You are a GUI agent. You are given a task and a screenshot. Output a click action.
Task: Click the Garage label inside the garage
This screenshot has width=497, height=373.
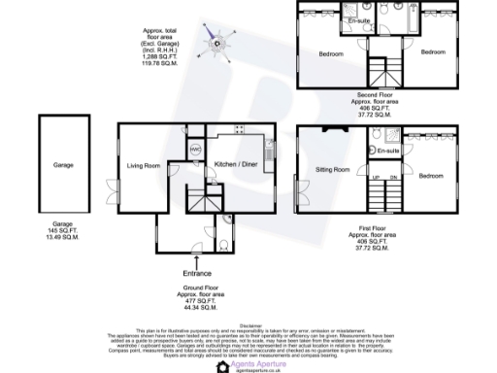[63, 165]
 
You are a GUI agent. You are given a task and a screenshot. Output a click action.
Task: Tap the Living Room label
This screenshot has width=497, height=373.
[143, 165]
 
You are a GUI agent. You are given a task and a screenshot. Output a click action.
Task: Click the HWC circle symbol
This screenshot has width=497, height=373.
[195, 149]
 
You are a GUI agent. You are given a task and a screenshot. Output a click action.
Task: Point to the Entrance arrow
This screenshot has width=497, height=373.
[197, 262]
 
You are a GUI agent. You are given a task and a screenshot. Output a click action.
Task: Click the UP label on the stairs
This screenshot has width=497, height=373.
[376, 178]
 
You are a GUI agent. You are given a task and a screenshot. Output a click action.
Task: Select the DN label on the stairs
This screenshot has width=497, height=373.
[393, 178]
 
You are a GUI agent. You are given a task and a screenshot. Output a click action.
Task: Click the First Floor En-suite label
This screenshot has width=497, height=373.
[389, 152]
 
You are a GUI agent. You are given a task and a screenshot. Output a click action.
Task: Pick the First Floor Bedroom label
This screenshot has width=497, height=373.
[431, 176]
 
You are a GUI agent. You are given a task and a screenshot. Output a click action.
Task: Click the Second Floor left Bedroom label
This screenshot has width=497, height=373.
[331, 54]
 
